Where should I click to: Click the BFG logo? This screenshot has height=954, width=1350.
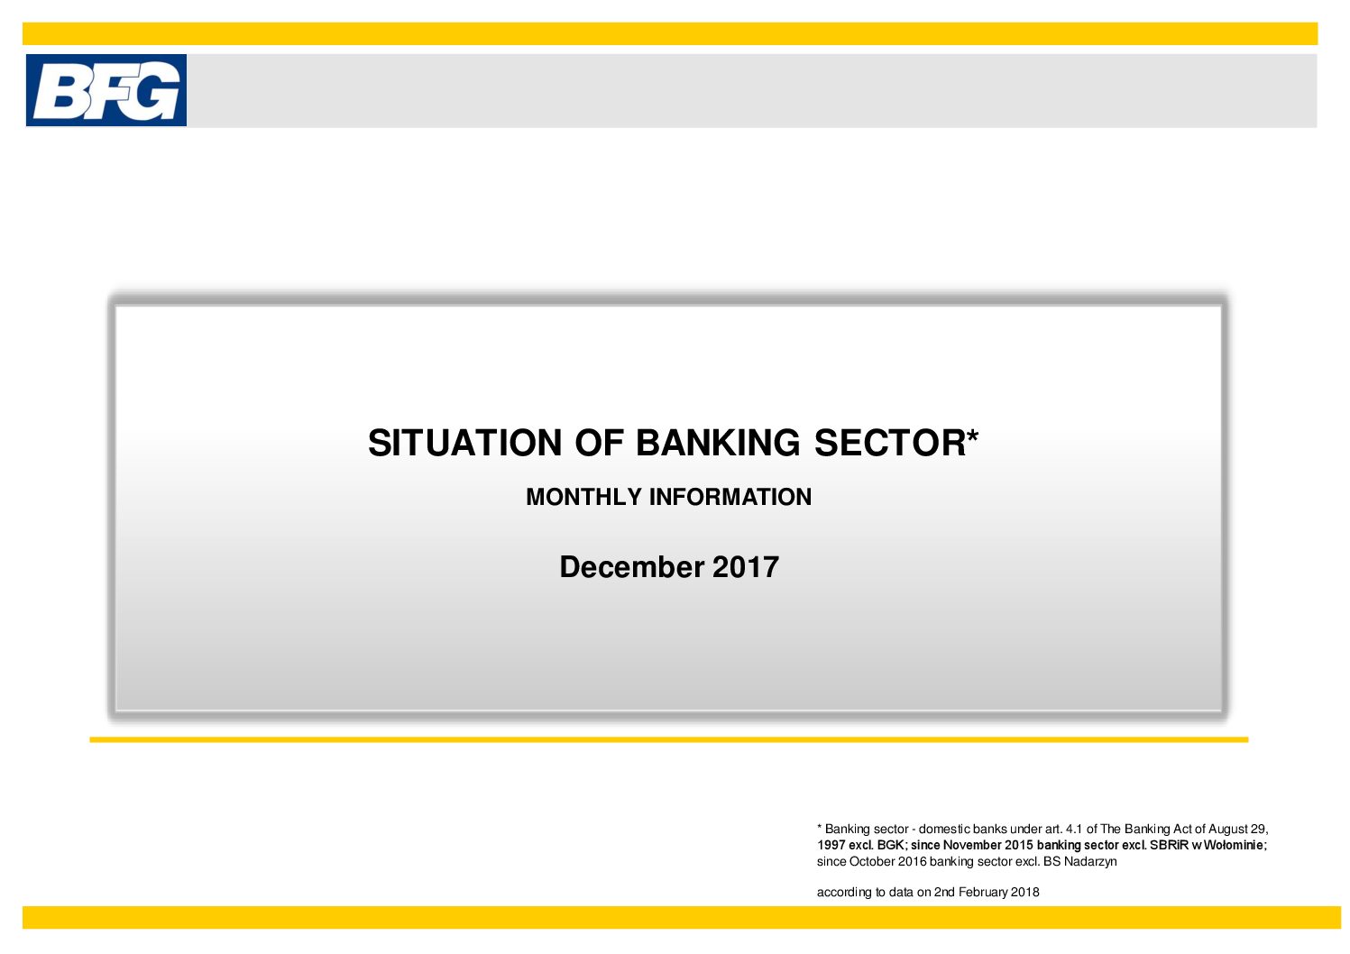click(x=106, y=90)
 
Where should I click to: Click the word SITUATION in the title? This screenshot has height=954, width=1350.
click(x=465, y=443)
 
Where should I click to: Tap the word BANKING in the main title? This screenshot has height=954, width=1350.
click(x=718, y=443)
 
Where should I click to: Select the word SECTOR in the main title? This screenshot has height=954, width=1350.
click(x=890, y=443)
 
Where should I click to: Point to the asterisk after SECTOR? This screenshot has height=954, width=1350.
click(x=973, y=436)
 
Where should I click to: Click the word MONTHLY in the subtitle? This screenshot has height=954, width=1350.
click(x=584, y=497)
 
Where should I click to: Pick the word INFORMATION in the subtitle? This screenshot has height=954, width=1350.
click(x=730, y=497)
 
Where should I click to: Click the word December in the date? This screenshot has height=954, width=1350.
click(x=631, y=567)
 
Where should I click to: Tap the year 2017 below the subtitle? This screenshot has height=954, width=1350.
click(x=746, y=567)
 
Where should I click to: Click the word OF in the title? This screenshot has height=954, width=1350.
click(x=599, y=443)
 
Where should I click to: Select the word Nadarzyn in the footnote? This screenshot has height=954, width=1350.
click(x=1090, y=862)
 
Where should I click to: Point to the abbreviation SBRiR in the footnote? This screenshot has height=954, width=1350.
click(x=1170, y=846)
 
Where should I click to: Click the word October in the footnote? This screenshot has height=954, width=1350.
click(x=872, y=862)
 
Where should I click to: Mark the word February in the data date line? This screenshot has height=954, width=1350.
click(x=983, y=893)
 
